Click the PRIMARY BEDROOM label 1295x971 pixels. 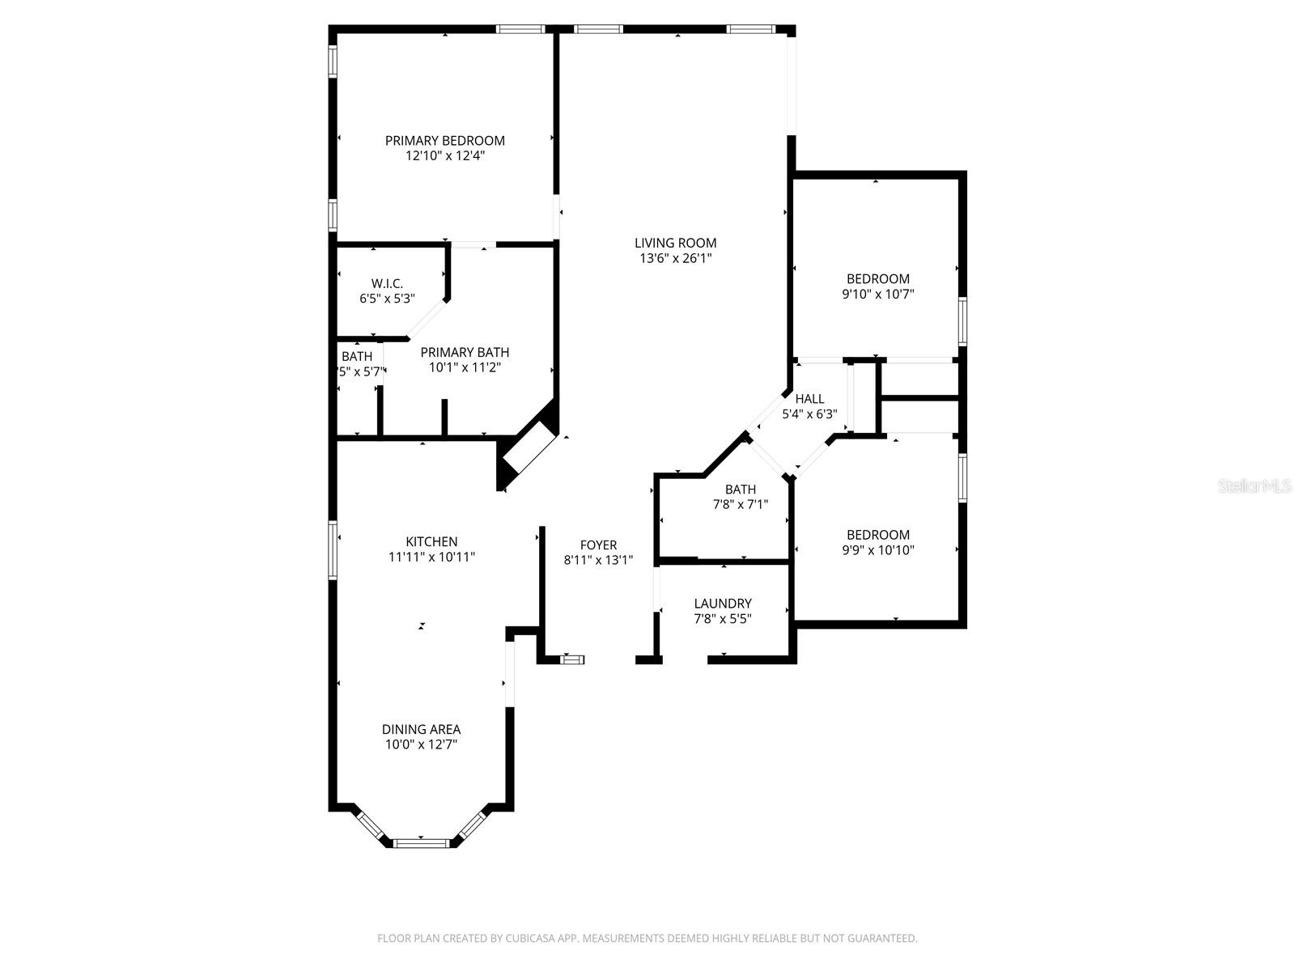point(444,140)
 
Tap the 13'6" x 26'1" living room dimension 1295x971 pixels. point(675,258)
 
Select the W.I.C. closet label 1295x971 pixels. point(387,283)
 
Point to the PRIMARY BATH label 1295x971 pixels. point(465,352)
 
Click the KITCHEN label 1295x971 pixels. point(431,541)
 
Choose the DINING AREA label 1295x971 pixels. point(421,729)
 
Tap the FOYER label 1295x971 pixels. point(598,545)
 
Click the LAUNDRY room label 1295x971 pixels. point(723,604)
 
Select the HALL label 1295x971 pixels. point(809,398)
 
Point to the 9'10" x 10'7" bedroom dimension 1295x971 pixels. point(877,295)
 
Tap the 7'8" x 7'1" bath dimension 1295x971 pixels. point(740,504)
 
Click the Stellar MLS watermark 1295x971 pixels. point(1255,485)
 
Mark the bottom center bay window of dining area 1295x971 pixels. point(421,842)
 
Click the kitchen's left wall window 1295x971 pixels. point(333,550)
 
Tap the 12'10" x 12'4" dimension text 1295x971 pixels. point(444,155)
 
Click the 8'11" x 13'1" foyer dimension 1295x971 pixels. point(598,560)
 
